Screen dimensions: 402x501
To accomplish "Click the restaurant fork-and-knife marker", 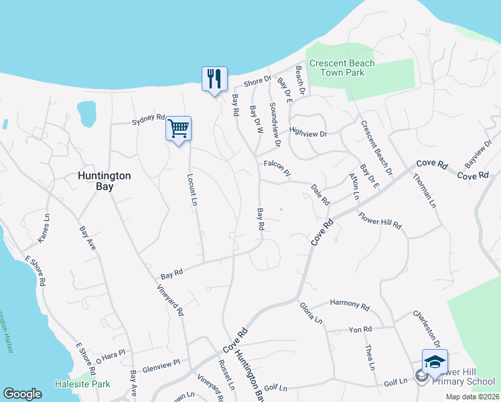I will pos(214,79).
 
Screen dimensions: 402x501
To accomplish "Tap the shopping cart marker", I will pos(179,128).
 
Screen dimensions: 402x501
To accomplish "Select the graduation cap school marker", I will pos(435,362).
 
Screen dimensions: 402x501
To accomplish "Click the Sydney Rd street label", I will pos(148,121).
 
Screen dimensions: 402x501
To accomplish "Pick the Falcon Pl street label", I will pos(277,167).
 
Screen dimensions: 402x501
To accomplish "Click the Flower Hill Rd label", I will pos(380,220).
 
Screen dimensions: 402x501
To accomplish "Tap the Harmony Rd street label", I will pos(350,305).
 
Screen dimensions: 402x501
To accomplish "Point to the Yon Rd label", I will pos(360,330).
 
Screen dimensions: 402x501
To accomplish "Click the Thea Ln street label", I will pos(369,356).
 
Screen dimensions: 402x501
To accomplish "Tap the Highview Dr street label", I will pos(307,133).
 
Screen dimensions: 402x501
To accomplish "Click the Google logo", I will pos(22,394).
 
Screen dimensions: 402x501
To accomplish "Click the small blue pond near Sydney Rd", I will pos(86,113).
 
